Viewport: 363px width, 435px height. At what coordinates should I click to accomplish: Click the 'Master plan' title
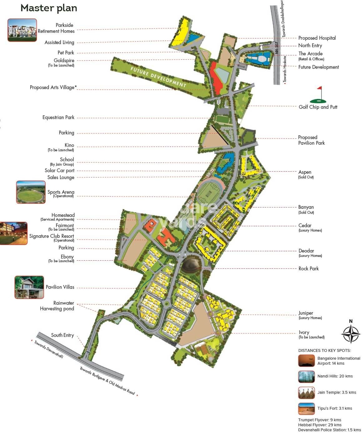49,8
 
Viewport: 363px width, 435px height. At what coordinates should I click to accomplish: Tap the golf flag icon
318,95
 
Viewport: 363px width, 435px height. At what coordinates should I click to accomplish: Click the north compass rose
351,333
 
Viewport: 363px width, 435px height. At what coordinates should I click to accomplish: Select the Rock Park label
308,268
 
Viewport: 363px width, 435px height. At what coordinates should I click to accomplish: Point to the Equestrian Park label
58,117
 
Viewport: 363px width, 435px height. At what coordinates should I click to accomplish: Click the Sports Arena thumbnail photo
31,192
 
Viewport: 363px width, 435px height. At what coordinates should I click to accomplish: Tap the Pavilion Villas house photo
29,287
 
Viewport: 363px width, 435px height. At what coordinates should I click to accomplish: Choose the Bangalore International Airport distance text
338,361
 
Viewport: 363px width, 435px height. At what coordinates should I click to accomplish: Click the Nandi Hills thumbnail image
306,377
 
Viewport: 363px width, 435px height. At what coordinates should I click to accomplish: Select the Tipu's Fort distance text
334,408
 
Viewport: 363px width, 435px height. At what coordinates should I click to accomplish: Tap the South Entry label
62,335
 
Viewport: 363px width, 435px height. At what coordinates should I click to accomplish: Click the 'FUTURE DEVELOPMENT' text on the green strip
158,77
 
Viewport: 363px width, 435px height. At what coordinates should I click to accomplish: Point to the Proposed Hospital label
317,38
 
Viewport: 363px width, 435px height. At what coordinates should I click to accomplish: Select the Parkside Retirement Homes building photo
22,30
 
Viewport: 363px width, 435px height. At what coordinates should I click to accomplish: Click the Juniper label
306,313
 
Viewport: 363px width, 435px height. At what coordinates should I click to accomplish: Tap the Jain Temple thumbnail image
306,393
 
